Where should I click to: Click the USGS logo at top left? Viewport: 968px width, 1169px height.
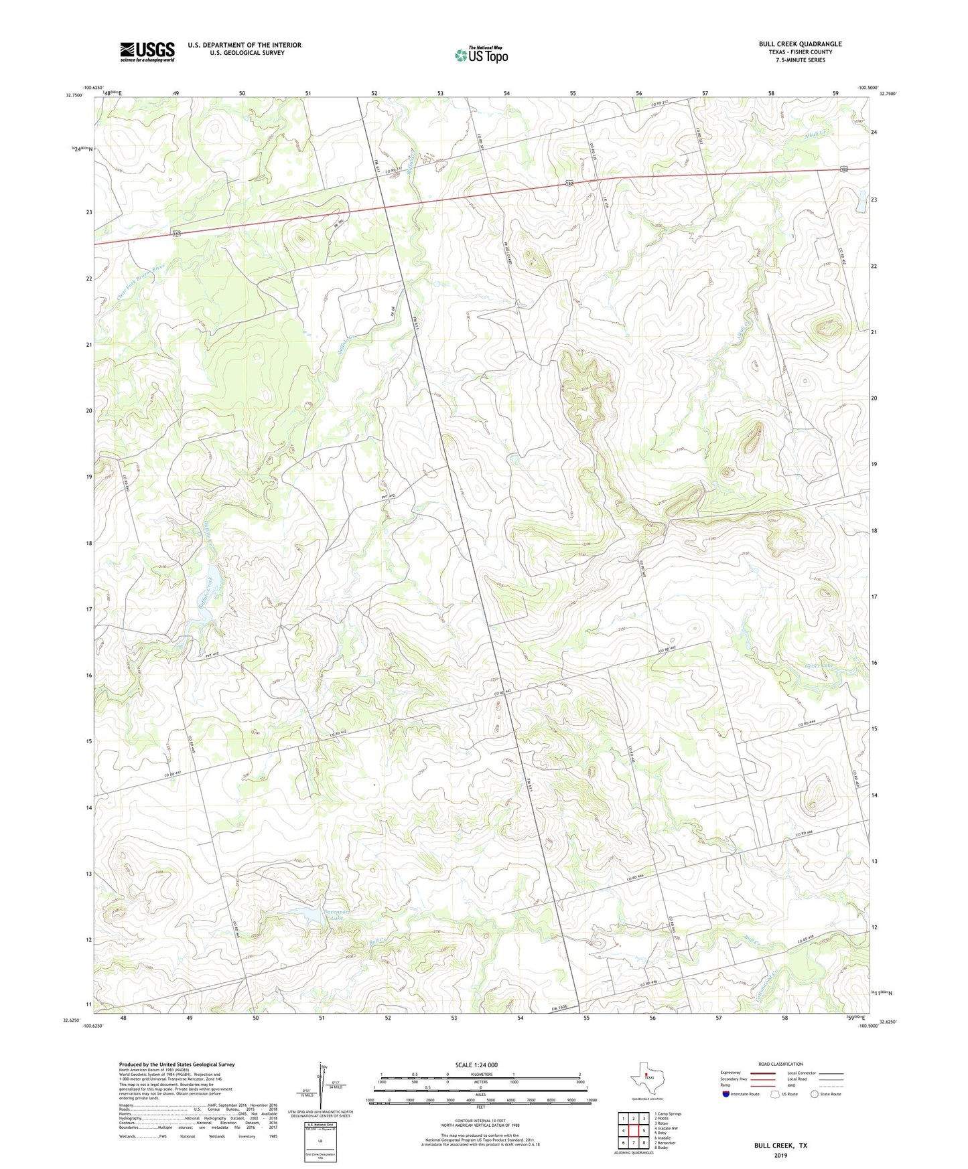(147, 52)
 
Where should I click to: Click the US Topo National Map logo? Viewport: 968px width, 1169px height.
(480, 55)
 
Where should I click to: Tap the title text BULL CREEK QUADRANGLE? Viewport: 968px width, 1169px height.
(800, 44)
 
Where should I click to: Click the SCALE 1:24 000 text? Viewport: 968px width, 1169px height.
(476, 1065)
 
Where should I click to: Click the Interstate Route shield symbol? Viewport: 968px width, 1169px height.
(726, 1094)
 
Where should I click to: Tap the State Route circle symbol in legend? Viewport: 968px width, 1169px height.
(815, 1094)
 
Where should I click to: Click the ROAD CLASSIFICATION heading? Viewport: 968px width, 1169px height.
(780, 1064)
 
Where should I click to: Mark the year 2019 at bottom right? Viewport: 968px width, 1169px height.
(780, 1156)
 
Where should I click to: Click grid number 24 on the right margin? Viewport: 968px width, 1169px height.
(874, 133)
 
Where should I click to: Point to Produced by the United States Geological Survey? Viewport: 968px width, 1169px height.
(177, 1065)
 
